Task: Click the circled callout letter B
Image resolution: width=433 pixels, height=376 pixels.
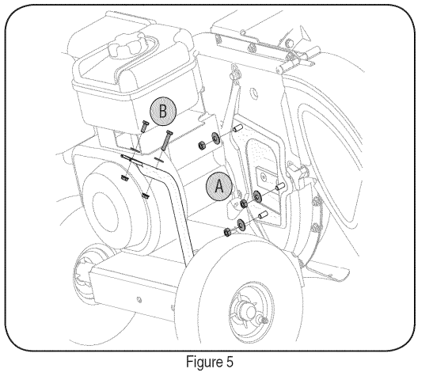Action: point(163,112)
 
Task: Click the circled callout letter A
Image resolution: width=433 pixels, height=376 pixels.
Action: point(219,187)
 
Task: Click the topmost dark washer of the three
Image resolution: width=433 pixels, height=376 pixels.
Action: point(215,138)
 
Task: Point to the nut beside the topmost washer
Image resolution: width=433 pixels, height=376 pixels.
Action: point(202,145)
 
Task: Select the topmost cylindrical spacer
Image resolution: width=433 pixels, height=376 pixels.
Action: point(238,129)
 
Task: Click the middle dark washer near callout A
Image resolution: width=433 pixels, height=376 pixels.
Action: point(257,196)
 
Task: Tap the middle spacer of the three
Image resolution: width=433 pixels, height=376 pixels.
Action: point(280,186)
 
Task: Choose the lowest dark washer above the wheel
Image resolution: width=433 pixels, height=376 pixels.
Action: point(241,225)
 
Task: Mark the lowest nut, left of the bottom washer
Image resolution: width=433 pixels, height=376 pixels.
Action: point(227,232)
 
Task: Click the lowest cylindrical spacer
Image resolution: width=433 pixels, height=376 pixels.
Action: point(263,215)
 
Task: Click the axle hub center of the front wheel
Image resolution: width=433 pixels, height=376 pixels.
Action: point(249,311)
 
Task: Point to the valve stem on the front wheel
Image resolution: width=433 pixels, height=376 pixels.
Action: point(264,321)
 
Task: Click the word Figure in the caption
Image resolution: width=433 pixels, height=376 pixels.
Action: point(204,362)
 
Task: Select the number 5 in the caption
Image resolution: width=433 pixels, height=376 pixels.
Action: point(230,362)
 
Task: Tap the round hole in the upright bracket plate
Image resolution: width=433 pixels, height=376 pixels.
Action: point(253,93)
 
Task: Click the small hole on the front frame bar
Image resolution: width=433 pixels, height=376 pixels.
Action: point(139,300)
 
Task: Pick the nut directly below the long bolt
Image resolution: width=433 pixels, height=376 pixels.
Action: point(145,196)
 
